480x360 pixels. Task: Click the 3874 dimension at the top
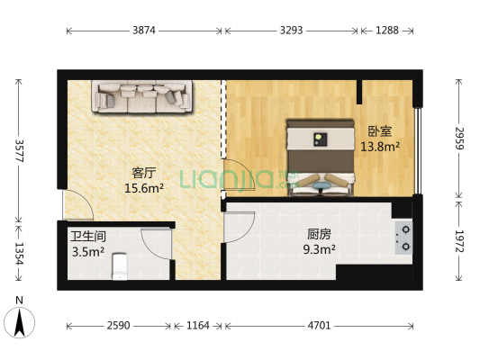point(144,30)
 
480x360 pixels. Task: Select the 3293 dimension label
point(292,30)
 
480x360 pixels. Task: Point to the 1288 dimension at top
point(386,30)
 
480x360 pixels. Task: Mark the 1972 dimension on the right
point(459,241)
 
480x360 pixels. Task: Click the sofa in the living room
point(141,97)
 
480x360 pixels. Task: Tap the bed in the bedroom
point(319,154)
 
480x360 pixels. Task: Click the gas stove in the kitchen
point(403,236)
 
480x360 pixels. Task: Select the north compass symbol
point(20,319)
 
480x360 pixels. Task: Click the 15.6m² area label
point(144,189)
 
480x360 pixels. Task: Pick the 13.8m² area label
point(380,146)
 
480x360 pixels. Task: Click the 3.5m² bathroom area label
point(88,252)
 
